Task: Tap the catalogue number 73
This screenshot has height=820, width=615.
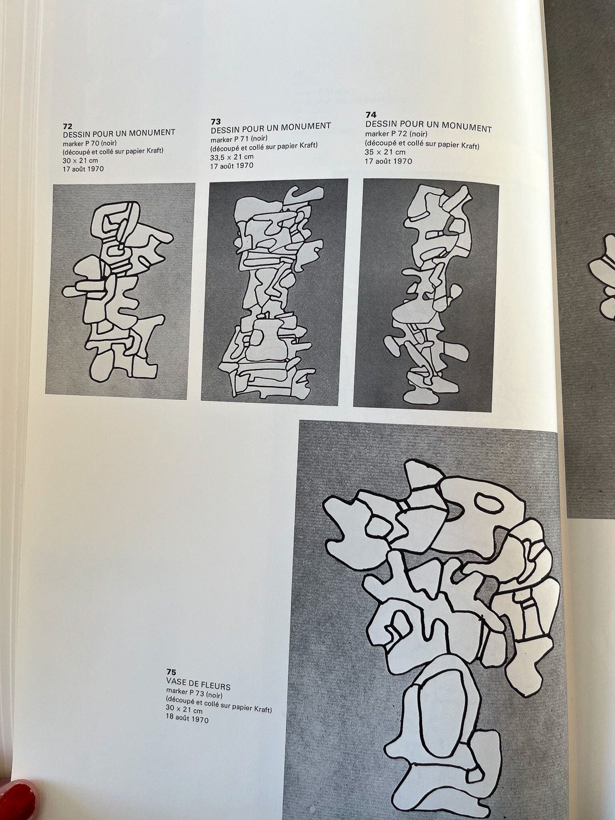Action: click(216, 121)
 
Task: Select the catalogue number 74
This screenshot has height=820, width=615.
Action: click(371, 115)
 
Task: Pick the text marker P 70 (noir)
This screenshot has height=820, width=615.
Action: click(90, 143)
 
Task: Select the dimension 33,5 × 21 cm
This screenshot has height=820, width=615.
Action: click(232, 157)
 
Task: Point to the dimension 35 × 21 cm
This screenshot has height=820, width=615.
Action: click(385, 152)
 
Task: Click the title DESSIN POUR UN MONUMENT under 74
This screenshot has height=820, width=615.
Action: click(428, 126)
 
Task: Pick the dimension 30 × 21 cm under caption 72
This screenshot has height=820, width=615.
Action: click(80, 160)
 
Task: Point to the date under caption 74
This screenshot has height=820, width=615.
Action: click(388, 161)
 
